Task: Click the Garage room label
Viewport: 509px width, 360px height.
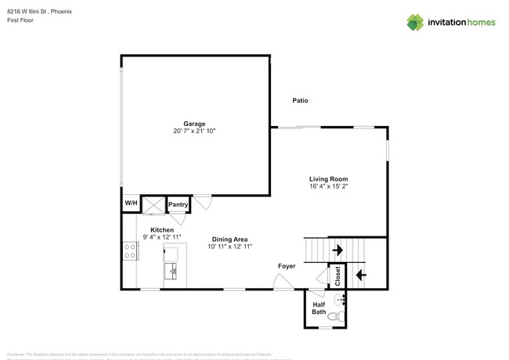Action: pyautogui.click(x=194, y=124)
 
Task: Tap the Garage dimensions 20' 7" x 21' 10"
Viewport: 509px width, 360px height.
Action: pyautogui.click(x=194, y=131)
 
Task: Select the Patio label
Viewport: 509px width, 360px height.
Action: pyautogui.click(x=300, y=100)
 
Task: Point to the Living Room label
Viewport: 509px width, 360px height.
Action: pyautogui.click(x=328, y=179)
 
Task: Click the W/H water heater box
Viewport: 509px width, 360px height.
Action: pyautogui.click(x=131, y=203)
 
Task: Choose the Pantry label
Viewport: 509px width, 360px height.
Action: pyautogui.click(x=178, y=205)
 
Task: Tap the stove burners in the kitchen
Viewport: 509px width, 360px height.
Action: pyautogui.click(x=129, y=251)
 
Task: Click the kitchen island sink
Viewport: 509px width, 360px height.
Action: pyautogui.click(x=172, y=271)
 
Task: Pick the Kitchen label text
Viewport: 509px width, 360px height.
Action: pyautogui.click(x=151, y=229)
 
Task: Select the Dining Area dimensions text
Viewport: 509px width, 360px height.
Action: pyautogui.click(x=230, y=247)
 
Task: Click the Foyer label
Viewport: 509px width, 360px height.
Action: pyautogui.click(x=287, y=266)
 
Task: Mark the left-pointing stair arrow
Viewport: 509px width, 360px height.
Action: pyautogui.click(x=360, y=274)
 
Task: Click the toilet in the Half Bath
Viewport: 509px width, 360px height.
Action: pyautogui.click(x=335, y=317)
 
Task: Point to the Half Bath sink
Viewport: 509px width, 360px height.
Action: pyautogui.click(x=341, y=300)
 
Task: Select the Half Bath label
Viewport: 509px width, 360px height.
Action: pyautogui.click(x=319, y=308)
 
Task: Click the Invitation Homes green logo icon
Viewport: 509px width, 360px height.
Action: pyautogui.click(x=416, y=22)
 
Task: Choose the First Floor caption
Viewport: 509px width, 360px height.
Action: pyautogui.click(x=20, y=21)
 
